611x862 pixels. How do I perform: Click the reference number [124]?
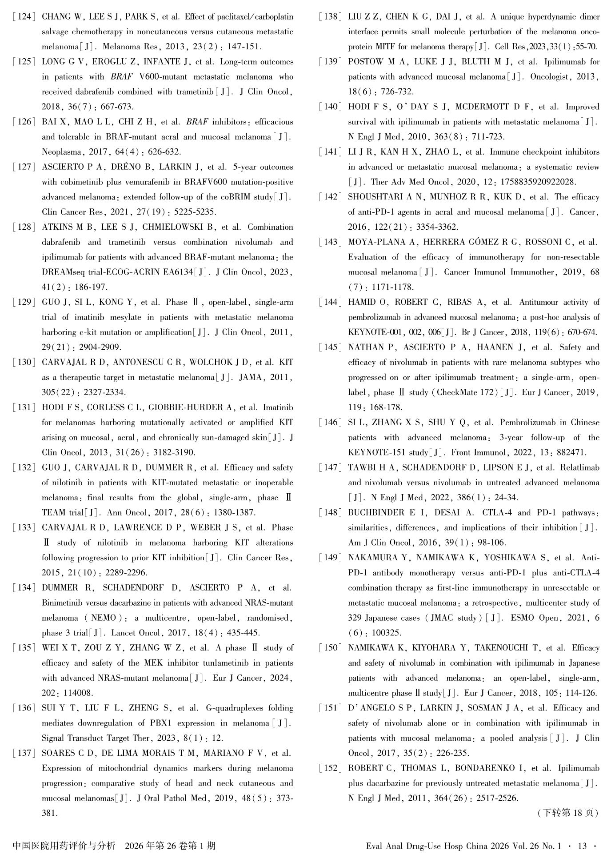pyautogui.click(x=24, y=17)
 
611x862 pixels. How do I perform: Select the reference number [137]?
pyautogui.click(x=24, y=753)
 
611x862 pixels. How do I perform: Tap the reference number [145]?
pyautogui.click(x=330, y=347)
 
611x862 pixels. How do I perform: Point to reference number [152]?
pyautogui.click(x=330, y=768)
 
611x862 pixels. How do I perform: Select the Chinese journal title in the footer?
pyautogui.click(x=64, y=846)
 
